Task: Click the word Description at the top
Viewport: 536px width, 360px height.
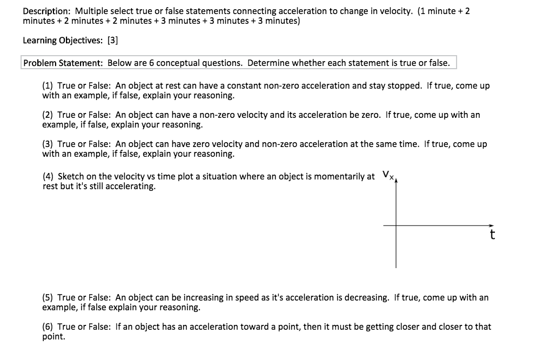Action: point(46,11)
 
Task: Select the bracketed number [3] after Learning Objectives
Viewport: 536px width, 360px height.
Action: point(113,40)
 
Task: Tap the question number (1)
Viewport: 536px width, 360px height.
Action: point(48,86)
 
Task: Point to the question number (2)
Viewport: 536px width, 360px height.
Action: point(48,115)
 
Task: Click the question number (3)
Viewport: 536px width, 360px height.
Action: point(48,144)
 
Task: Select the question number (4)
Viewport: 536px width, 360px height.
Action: point(48,176)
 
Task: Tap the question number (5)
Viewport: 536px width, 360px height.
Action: point(48,298)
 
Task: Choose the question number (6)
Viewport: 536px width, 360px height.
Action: point(48,327)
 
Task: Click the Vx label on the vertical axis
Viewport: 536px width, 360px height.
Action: point(387,175)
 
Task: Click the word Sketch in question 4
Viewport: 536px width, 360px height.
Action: point(70,176)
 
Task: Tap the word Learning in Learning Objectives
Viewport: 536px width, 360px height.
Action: point(39,40)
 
